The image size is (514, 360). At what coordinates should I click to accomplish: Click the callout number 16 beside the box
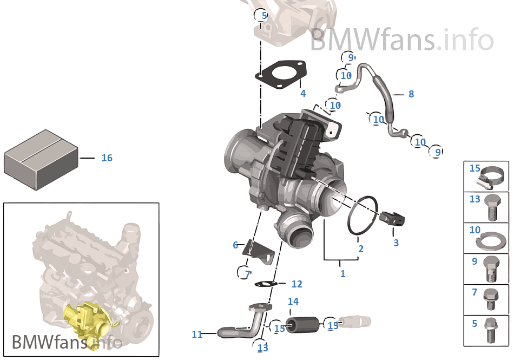[107, 158]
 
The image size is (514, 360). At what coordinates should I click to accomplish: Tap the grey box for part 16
[41, 159]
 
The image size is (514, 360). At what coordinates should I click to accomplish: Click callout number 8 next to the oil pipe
[411, 94]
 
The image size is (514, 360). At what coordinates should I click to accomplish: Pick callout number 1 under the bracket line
[342, 274]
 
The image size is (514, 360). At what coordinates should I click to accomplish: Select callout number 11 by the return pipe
[197, 335]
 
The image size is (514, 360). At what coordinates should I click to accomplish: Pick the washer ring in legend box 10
[493, 238]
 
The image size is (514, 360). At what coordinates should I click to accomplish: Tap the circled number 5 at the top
[264, 16]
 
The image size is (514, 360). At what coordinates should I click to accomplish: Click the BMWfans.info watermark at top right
[401, 40]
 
